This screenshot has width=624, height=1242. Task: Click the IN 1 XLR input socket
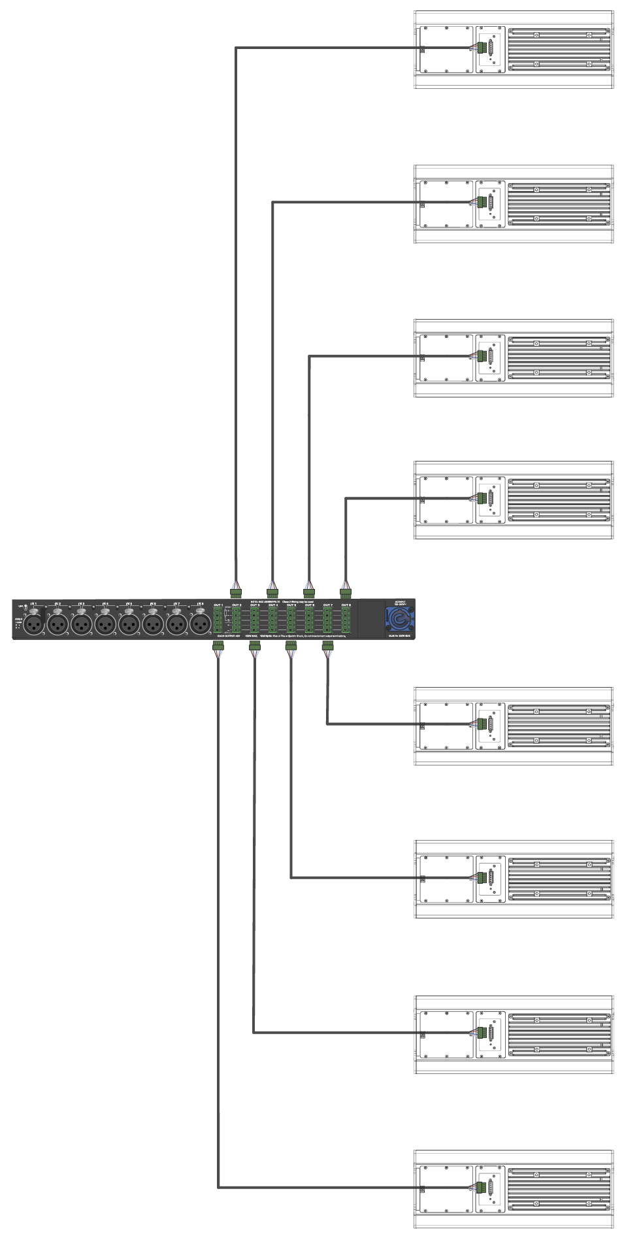click(34, 625)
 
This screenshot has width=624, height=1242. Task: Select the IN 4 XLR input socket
click(105, 625)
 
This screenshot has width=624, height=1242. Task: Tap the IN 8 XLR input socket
click(200, 625)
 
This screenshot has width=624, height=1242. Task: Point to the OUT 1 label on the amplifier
click(218, 605)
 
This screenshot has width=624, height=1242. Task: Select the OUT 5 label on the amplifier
click(291, 605)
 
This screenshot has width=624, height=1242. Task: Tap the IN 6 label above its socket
click(152, 604)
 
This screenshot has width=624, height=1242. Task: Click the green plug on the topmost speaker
click(482, 48)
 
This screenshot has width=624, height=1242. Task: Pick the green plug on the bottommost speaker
click(482, 1188)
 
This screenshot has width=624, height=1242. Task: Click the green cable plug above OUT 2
click(236, 594)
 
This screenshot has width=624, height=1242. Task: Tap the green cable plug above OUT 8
click(346, 594)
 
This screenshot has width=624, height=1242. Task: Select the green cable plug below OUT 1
click(218, 646)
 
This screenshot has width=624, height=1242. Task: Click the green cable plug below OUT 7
click(327, 646)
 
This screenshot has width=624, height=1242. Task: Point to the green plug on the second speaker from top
click(482, 202)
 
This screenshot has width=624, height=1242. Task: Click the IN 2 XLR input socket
click(57, 625)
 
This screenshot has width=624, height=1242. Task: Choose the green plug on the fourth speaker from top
click(482, 499)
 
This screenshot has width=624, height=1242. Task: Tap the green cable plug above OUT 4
click(272, 594)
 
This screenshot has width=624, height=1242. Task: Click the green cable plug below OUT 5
click(291, 646)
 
